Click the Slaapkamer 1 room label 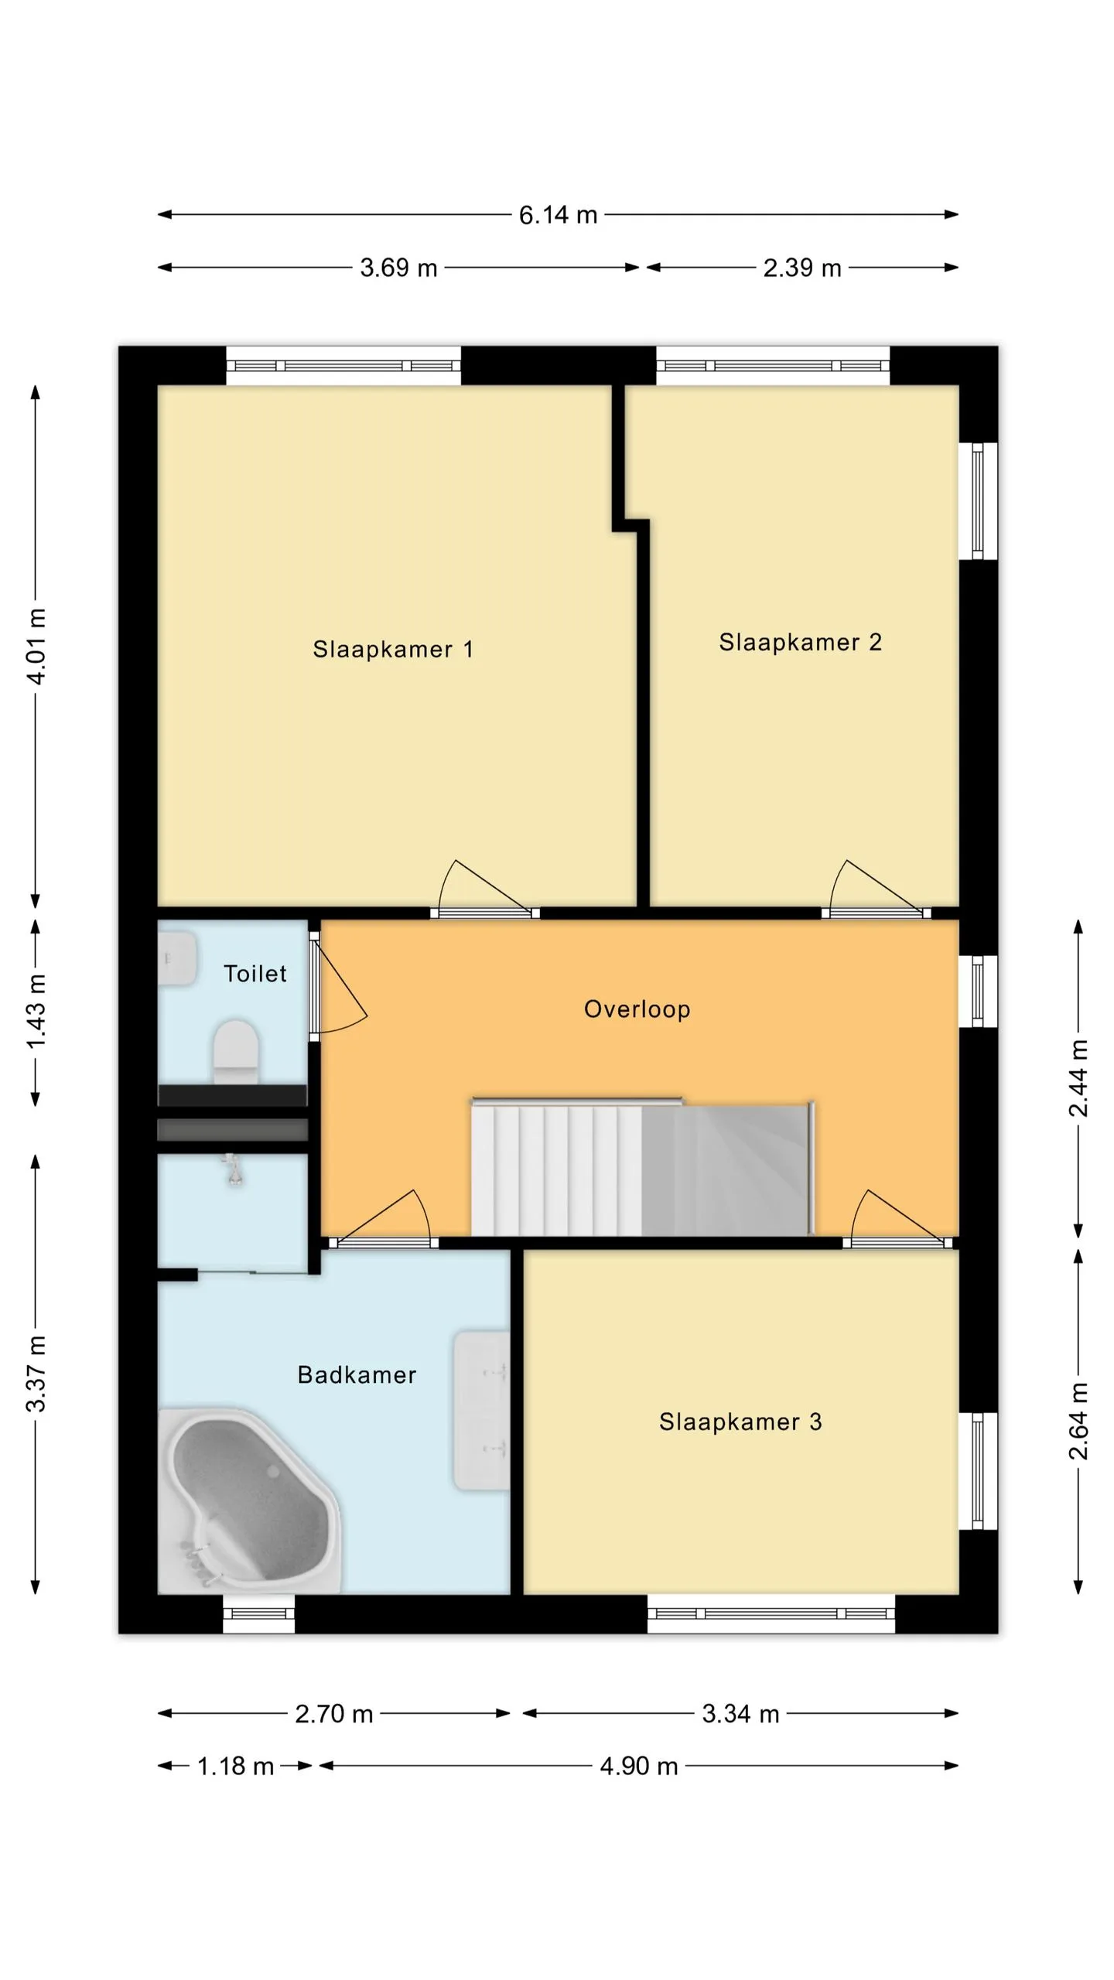click(x=392, y=649)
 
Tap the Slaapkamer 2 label click(x=800, y=642)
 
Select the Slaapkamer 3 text click(x=740, y=1422)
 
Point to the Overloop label click(x=637, y=1009)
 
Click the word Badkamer click(x=357, y=1374)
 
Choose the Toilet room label click(x=255, y=973)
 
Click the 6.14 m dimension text click(x=558, y=215)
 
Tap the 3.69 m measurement click(x=398, y=268)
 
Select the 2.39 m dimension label click(x=802, y=268)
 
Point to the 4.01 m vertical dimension click(x=36, y=646)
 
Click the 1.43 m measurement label click(x=36, y=1011)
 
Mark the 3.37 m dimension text click(x=36, y=1374)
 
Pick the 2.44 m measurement click(x=1078, y=1078)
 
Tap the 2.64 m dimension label click(x=1078, y=1421)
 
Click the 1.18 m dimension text click(x=235, y=1766)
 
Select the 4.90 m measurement click(x=639, y=1766)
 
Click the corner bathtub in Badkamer click(x=248, y=1499)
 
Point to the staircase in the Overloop click(x=642, y=1166)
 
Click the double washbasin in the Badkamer click(x=481, y=1410)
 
